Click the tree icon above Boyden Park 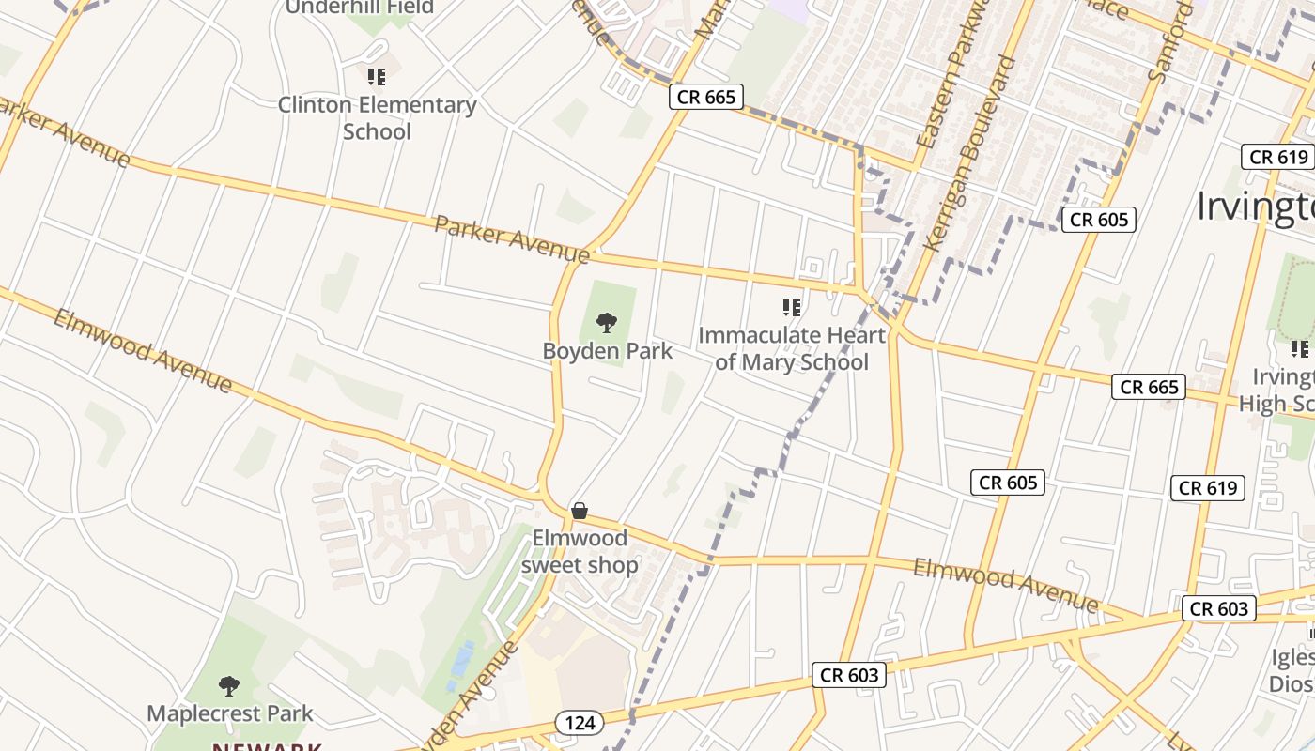pos(607,323)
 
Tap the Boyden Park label pos(608,351)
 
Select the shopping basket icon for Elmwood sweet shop pos(580,511)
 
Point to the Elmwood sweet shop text pos(580,551)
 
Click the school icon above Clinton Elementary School pos(377,76)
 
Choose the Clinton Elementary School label pos(377,117)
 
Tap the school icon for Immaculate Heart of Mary pos(792,307)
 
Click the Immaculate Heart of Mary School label pos(792,348)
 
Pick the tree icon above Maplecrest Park pos(229,685)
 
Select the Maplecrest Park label pos(230,713)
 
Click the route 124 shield pos(580,723)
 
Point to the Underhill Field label pos(360,8)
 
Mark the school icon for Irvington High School pos(1300,349)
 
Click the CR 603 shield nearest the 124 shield pos(850,675)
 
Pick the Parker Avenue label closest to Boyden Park pos(512,239)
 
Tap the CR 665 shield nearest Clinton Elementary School pos(706,97)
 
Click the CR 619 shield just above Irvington pos(1278,157)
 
